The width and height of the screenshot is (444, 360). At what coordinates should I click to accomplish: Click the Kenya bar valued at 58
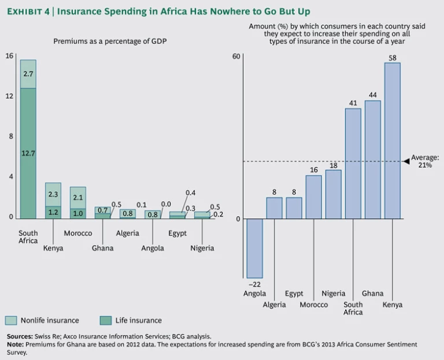[393, 140]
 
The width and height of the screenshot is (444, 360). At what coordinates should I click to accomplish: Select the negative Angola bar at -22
[254, 248]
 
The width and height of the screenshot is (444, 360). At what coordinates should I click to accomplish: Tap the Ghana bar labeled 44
[373, 159]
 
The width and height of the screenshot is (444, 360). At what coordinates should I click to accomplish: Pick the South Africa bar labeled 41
[353, 164]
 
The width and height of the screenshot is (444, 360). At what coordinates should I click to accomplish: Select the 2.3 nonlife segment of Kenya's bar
[53, 194]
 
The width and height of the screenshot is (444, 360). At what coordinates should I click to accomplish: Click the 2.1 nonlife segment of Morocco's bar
[78, 198]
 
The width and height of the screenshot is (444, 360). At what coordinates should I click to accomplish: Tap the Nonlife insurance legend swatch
[12, 320]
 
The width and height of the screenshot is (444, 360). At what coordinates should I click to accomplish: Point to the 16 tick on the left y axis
[9, 55]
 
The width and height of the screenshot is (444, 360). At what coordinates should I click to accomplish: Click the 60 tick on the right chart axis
[235, 56]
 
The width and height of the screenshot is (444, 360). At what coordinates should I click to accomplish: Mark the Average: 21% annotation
[428, 161]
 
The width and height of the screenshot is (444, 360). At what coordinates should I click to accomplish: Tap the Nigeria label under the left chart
[202, 248]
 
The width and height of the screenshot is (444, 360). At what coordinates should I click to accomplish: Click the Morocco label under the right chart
[313, 305]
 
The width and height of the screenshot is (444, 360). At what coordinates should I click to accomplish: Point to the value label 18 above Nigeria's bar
[334, 165]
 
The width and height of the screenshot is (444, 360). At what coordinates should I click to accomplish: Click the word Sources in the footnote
[19, 336]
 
